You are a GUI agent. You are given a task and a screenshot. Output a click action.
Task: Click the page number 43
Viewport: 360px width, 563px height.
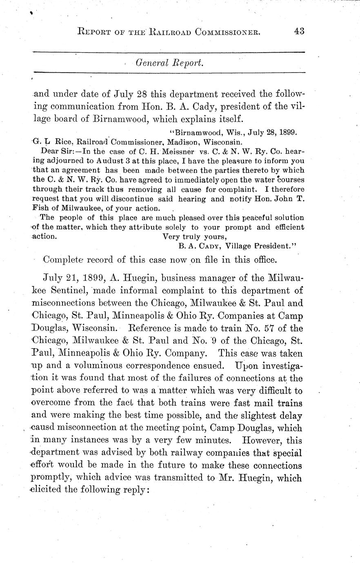[x=299, y=31]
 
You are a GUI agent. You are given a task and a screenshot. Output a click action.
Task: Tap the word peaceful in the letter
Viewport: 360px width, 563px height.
[x=238, y=217]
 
